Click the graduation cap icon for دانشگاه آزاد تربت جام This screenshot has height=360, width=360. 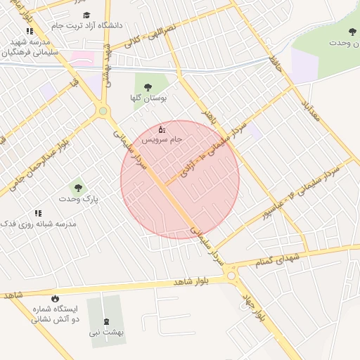[86, 15]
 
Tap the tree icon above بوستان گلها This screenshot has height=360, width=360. [148, 86]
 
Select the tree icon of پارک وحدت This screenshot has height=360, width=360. [78, 188]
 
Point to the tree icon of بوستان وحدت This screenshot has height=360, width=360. [352, 32]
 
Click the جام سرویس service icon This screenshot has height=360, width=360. [162, 129]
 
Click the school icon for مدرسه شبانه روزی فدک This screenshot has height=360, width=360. [38, 213]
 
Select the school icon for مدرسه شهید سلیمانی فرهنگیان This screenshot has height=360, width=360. [29, 31]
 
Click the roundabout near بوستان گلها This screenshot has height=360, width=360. [103, 111]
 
